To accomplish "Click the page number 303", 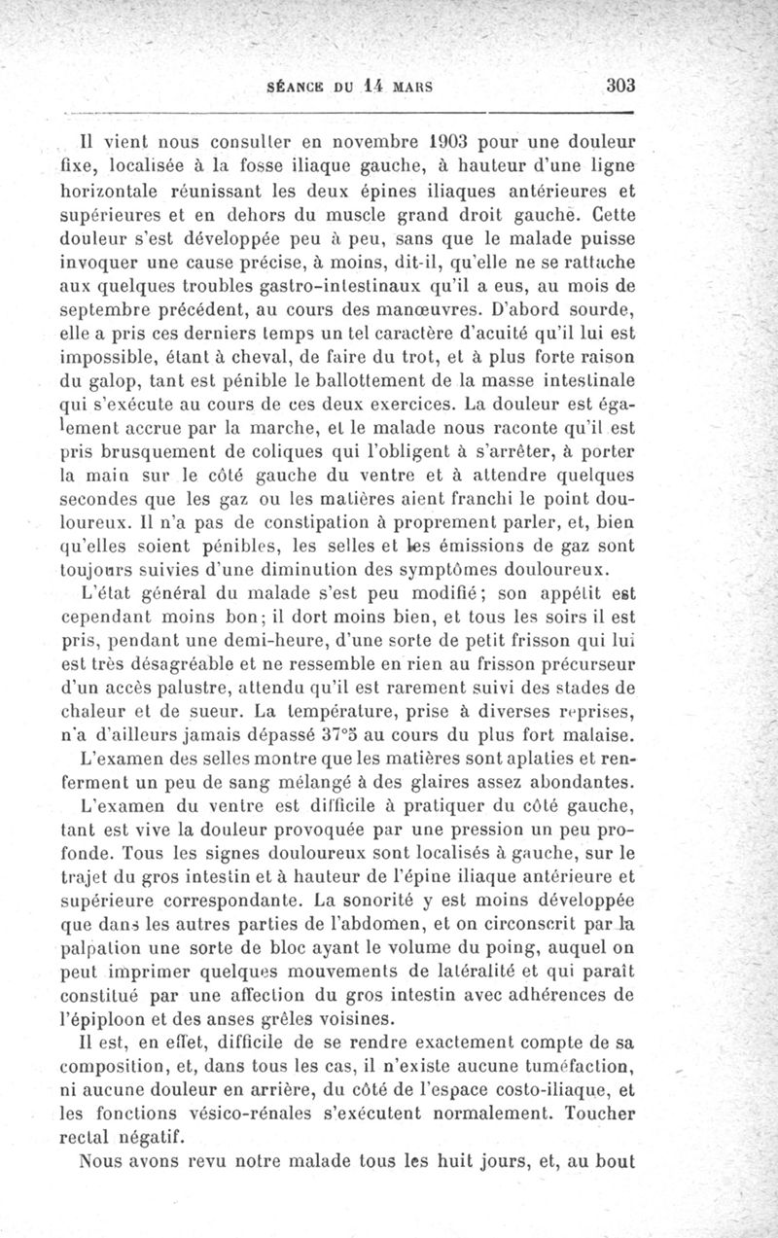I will (x=620, y=85).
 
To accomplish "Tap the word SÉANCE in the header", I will (x=295, y=86).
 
